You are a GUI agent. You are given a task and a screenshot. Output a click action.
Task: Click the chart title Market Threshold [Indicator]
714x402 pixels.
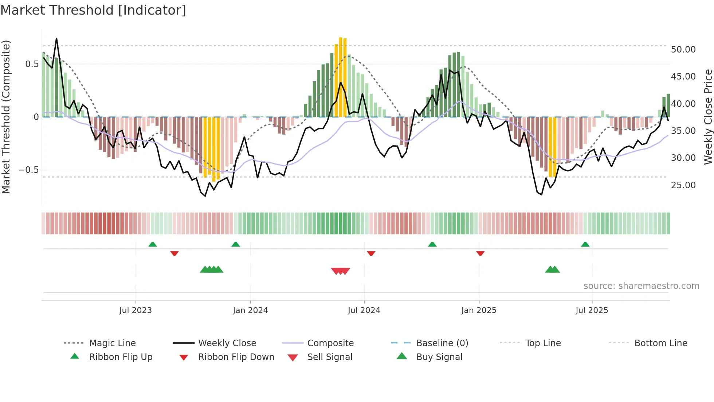click(x=93, y=10)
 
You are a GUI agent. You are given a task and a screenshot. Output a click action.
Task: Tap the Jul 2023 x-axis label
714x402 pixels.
click(x=135, y=310)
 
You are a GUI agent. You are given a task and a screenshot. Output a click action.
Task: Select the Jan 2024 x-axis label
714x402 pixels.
click(x=250, y=310)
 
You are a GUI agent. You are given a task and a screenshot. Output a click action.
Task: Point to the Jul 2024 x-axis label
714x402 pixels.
click(x=364, y=310)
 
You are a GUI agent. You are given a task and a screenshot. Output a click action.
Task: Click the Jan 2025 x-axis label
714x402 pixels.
click(x=479, y=310)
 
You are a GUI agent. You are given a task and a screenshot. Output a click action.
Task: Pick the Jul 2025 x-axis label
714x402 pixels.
click(x=592, y=310)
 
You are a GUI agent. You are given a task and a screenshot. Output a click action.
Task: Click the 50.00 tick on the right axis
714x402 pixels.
click(x=683, y=50)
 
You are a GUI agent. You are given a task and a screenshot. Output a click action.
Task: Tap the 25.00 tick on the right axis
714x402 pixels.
click(x=683, y=185)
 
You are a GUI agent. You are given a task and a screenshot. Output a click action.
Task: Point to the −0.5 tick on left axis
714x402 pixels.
click(x=28, y=170)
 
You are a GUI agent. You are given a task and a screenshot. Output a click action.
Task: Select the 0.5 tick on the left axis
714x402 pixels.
click(x=32, y=64)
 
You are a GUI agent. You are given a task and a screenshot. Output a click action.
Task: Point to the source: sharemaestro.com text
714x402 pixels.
click(x=641, y=286)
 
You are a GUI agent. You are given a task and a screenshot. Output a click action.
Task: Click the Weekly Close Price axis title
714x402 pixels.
click(x=708, y=117)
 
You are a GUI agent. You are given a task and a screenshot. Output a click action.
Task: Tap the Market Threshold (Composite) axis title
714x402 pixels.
click(x=6, y=117)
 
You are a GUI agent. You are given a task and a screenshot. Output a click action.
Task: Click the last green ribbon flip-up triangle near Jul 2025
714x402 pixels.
click(x=585, y=244)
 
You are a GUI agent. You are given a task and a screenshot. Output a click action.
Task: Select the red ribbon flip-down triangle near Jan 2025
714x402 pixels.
click(x=480, y=253)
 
